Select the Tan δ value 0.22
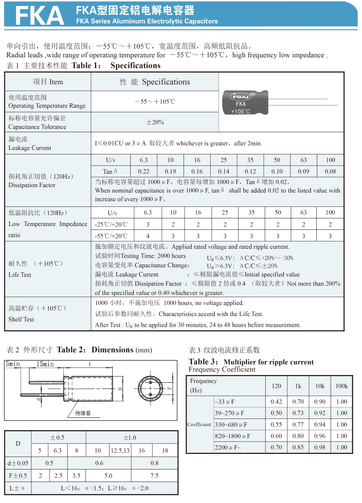(x=143, y=171)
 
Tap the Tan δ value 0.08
(x=330, y=171)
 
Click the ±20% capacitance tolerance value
(x=155, y=122)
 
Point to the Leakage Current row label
(x=30, y=144)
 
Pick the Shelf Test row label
(x=21, y=319)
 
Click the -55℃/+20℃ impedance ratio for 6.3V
(x=148, y=236)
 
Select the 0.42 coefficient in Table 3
(x=276, y=402)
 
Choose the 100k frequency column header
(x=342, y=386)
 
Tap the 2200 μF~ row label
(x=228, y=447)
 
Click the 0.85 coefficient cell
(x=298, y=447)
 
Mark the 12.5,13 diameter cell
(x=120, y=450)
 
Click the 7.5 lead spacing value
(x=154, y=475)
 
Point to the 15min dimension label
(x=45, y=364)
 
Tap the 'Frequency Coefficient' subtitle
(x=222, y=370)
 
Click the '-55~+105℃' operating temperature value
(x=155, y=102)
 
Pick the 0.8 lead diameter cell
(x=154, y=463)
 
